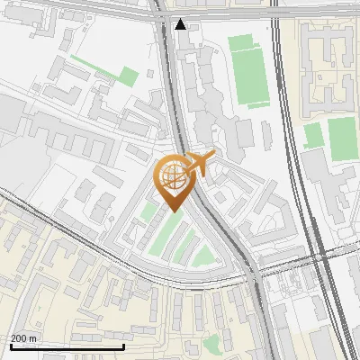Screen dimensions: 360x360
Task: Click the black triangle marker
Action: (x=181, y=24)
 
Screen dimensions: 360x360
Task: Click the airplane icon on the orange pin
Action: (x=199, y=164)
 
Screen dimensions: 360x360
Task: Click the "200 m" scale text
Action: (x=24, y=338)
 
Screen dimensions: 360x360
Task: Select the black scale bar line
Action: (x=67, y=346)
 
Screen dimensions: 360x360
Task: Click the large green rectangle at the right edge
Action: (x=342, y=136)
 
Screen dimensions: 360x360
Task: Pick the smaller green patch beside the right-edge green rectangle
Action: (x=313, y=136)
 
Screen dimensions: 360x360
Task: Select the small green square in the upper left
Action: (x=129, y=76)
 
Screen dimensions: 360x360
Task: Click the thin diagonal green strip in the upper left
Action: (x=94, y=67)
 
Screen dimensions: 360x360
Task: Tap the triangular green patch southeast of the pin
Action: (x=205, y=256)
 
